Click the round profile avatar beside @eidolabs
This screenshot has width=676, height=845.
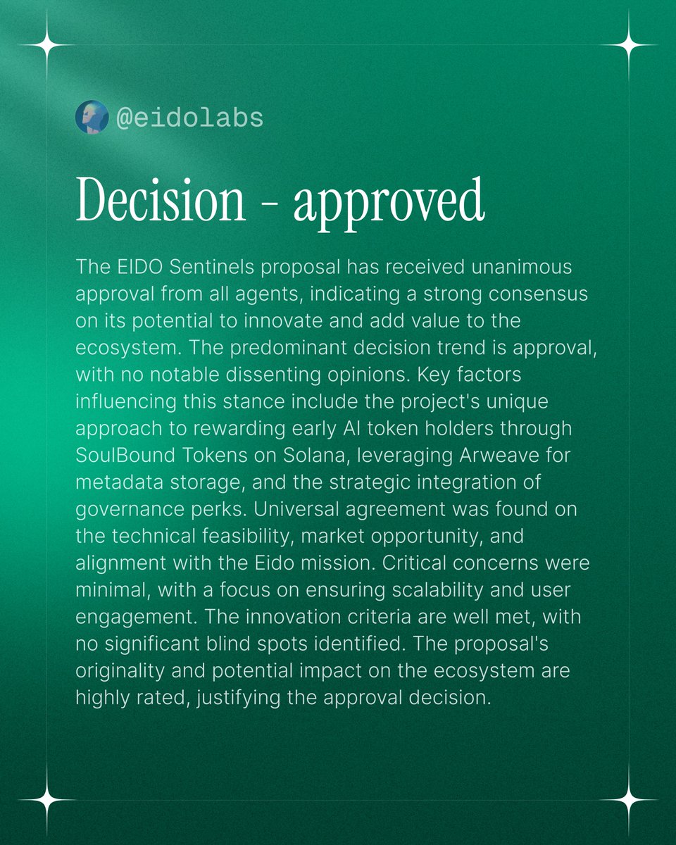coord(92,117)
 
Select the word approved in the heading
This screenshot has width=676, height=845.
coord(389,201)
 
